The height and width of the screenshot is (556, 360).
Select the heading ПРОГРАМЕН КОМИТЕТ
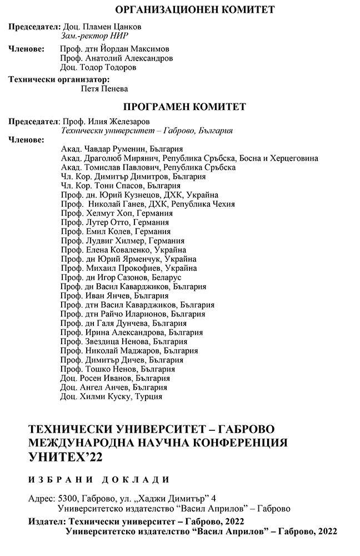(184, 107)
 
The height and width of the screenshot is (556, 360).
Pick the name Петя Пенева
(104, 89)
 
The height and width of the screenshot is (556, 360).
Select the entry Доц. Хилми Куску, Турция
(111, 397)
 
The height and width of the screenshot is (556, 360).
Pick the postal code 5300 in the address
(66, 499)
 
